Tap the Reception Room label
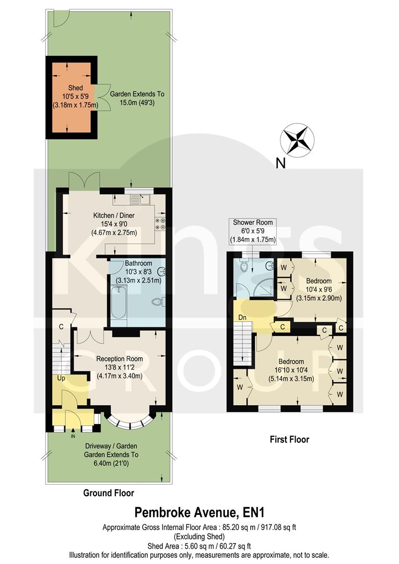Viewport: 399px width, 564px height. tap(120, 359)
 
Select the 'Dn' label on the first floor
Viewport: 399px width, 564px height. tap(242, 317)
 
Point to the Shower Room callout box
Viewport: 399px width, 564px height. tap(253, 231)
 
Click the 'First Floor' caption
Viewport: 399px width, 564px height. tap(289, 439)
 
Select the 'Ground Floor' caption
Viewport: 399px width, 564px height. tap(109, 492)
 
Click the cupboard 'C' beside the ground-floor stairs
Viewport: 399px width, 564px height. tap(61, 327)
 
